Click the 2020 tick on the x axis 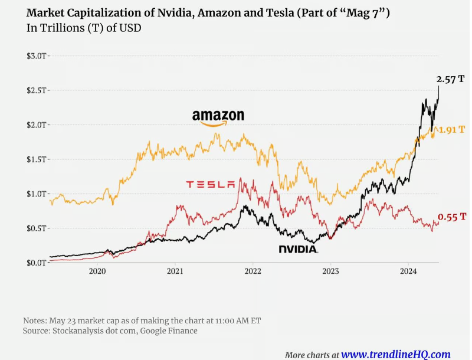click(97, 271)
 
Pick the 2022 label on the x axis click(253, 271)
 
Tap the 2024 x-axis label click(408, 271)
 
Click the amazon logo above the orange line click(218, 117)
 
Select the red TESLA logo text click(211, 185)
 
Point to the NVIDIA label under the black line click(299, 250)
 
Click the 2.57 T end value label click(450, 79)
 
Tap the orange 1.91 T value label click(453, 129)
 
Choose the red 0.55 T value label click(452, 217)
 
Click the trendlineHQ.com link click(396, 354)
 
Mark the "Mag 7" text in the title click(366, 12)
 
